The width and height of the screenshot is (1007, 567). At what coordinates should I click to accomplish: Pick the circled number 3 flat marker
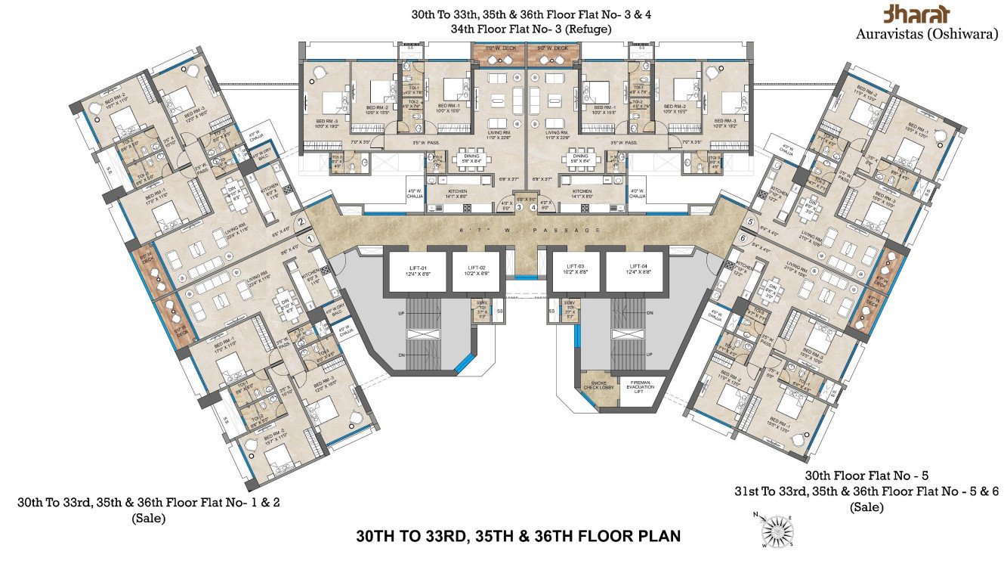pos(519,206)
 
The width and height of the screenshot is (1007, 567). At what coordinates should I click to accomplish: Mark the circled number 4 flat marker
pos(533,206)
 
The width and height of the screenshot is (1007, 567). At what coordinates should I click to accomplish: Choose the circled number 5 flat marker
pos(749,222)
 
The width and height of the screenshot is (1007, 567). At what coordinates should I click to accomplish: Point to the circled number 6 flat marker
pos(743,238)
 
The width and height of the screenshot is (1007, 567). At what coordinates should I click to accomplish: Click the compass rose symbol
pos(776,529)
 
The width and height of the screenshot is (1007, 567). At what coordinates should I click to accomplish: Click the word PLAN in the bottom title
pos(657,537)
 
